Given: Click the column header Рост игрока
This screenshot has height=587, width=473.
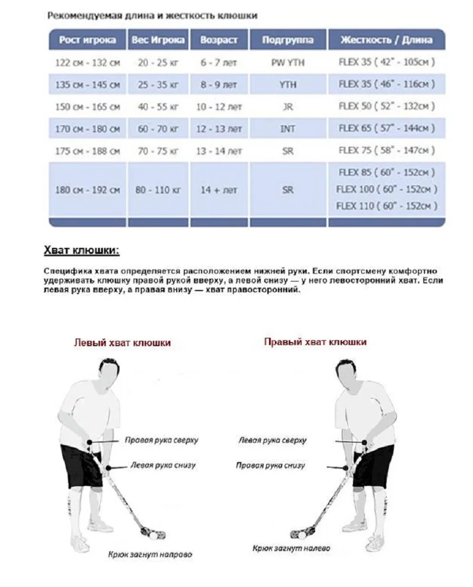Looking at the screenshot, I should (88, 41).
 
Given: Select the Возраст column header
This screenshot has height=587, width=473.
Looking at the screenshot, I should (219, 41).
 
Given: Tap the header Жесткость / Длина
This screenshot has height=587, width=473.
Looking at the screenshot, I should (386, 41).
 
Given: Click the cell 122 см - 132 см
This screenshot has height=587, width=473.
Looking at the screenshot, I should (88, 62).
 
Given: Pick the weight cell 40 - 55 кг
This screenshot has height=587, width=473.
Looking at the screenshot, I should (158, 107).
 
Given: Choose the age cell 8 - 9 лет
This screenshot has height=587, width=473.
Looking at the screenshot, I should (219, 85).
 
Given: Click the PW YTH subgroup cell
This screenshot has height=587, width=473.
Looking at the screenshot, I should (288, 62).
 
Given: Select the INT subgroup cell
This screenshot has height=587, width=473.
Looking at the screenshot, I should (288, 128).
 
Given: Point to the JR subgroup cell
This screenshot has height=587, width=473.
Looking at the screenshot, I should (288, 107).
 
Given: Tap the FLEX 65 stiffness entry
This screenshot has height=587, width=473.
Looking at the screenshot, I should (387, 128).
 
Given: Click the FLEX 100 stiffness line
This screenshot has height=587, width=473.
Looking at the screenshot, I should (387, 189).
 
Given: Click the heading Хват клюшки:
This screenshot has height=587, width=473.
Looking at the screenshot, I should (82, 250).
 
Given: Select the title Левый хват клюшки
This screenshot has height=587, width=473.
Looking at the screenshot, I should (122, 343).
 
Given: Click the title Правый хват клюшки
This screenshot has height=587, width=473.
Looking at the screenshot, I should (315, 342).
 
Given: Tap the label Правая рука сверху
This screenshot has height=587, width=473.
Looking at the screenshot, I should (161, 441).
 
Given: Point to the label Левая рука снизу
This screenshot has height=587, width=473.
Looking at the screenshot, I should (160, 466).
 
